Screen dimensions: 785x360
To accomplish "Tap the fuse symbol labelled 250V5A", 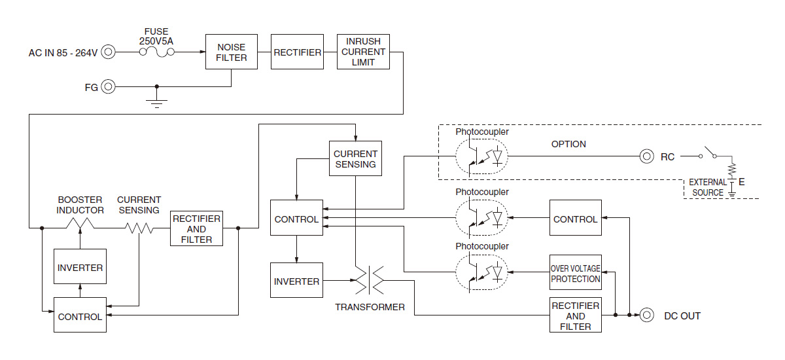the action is click(x=156, y=52).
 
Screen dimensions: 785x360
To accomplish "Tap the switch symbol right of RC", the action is click(x=708, y=153).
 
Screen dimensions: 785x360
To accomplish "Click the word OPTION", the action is click(x=568, y=144).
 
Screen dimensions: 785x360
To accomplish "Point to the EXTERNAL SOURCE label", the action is click(x=708, y=188).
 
